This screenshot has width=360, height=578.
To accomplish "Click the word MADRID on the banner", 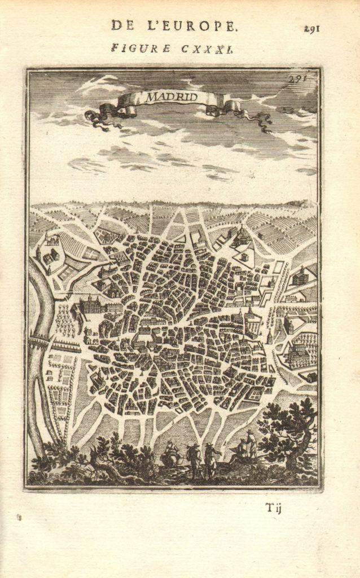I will click(172, 97).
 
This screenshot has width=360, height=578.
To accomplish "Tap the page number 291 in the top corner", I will click(311, 28).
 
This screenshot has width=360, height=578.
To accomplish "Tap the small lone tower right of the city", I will click(270, 337).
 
